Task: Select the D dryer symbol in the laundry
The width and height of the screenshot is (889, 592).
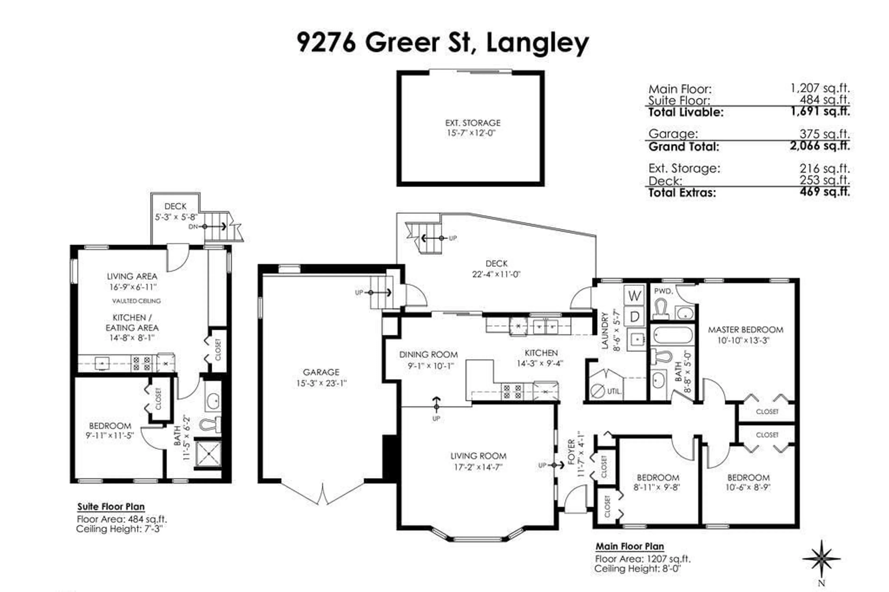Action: click(x=635, y=316)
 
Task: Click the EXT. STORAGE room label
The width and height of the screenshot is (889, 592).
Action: click(x=473, y=123)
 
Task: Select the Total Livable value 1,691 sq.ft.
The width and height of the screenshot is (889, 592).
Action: click(x=820, y=111)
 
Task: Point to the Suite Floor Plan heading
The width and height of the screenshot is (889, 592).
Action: click(x=111, y=507)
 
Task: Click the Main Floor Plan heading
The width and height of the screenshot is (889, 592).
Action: click(x=629, y=546)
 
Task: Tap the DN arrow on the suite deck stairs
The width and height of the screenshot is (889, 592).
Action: click(x=214, y=227)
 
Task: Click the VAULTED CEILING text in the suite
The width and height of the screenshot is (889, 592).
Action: click(x=136, y=301)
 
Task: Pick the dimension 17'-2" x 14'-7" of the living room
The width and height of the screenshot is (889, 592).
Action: click(x=478, y=467)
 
